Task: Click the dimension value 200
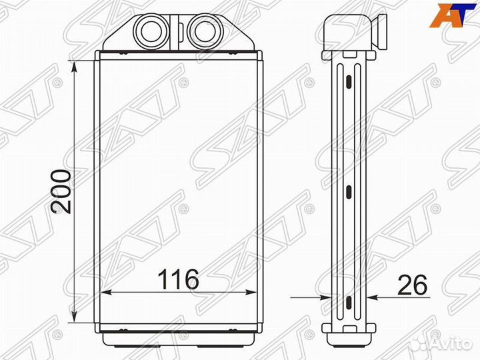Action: (x=61, y=191)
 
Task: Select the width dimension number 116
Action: (x=178, y=279)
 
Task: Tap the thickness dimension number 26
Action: (x=412, y=285)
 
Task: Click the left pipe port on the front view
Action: (x=151, y=31)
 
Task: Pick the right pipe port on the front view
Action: (x=203, y=31)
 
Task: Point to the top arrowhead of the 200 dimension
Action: (x=74, y=67)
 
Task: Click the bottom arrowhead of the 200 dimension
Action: (x=74, y=316)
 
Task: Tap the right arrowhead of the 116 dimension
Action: (x=250, y=293)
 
